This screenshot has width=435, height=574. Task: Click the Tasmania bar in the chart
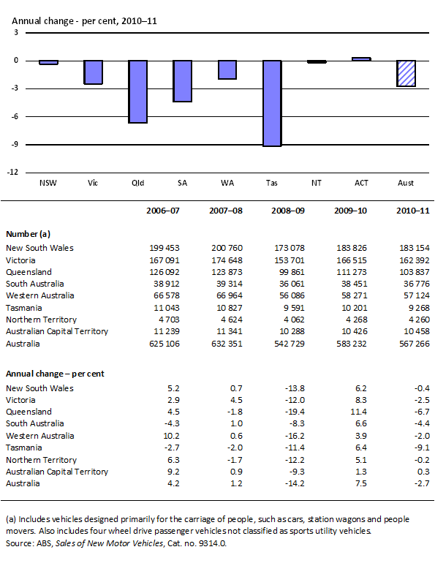click(x=271, y=103)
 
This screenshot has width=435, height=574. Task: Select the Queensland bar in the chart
click(x=138, y=91)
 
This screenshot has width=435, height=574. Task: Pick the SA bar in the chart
click(x=182, y=81)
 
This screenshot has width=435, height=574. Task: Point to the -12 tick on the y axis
click(x=15, y=173)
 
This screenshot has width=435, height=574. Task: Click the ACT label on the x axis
click(x=360, y=184)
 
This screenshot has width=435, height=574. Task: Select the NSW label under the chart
click(x=49, y=184)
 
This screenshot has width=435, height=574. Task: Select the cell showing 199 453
click(x=163, y=249)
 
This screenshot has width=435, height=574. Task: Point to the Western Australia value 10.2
click(x=168, y=436)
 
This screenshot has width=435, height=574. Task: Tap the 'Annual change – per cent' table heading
click(x=55, y=374)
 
